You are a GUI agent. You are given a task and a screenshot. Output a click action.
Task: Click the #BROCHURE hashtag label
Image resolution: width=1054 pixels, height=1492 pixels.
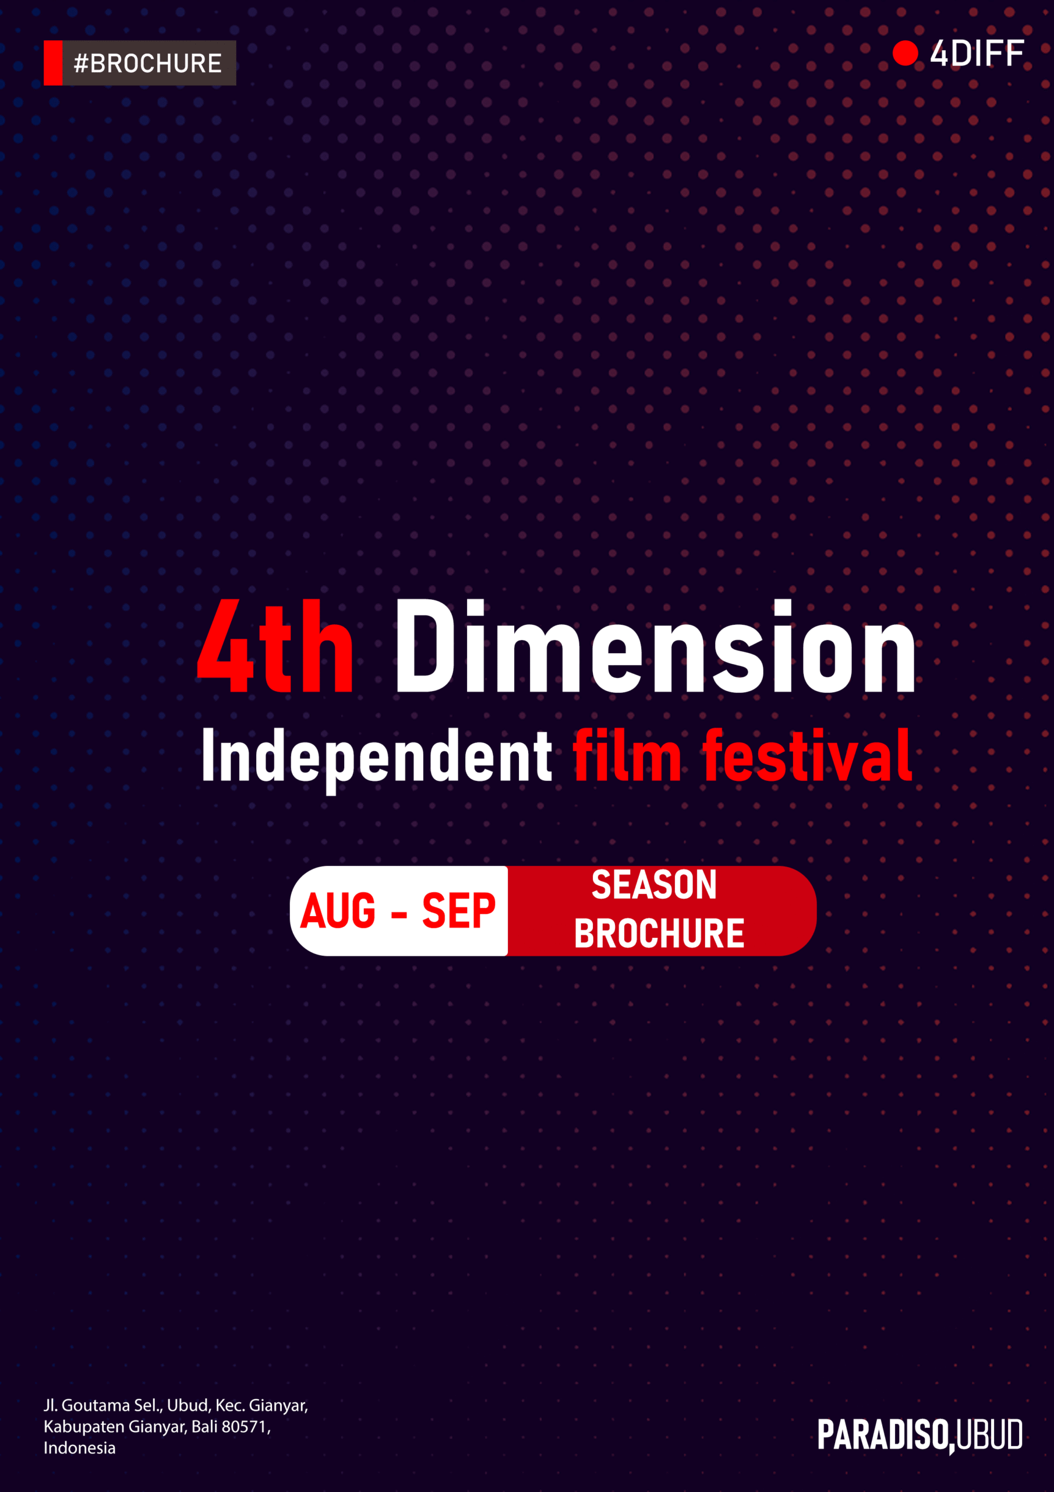pyautogui.click(x=148, y=64)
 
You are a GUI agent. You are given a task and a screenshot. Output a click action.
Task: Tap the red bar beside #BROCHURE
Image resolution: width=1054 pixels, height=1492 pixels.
pyautogui.click(x=53, y=63)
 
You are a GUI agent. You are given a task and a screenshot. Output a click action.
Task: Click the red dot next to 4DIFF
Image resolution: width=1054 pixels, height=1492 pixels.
pyautogui.click(x=906, y=53)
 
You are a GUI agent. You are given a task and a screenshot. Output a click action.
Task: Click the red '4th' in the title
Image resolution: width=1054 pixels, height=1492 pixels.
pyautogui.click(x=275, y=646)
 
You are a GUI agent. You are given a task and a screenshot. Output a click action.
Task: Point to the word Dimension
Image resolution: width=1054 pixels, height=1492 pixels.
pyautogui.click(x=655, y=646)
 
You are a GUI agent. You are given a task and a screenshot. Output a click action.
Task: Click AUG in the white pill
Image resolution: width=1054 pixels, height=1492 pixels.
pyautogui.click(x=338, y=910)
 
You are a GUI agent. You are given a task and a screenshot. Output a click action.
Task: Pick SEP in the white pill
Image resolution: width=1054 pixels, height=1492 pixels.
pyautogui.click(x=458, y=910)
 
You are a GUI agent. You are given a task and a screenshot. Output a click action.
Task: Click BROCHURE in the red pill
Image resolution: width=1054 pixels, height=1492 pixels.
pyautogui.click(x=659, y=933)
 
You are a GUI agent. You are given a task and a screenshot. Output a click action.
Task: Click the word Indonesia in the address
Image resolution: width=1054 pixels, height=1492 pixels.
pyautogui.click(x=79, y=1448)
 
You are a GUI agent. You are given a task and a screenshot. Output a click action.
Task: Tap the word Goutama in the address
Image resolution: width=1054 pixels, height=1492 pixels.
pyautogui.click(x=96, y=1405)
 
